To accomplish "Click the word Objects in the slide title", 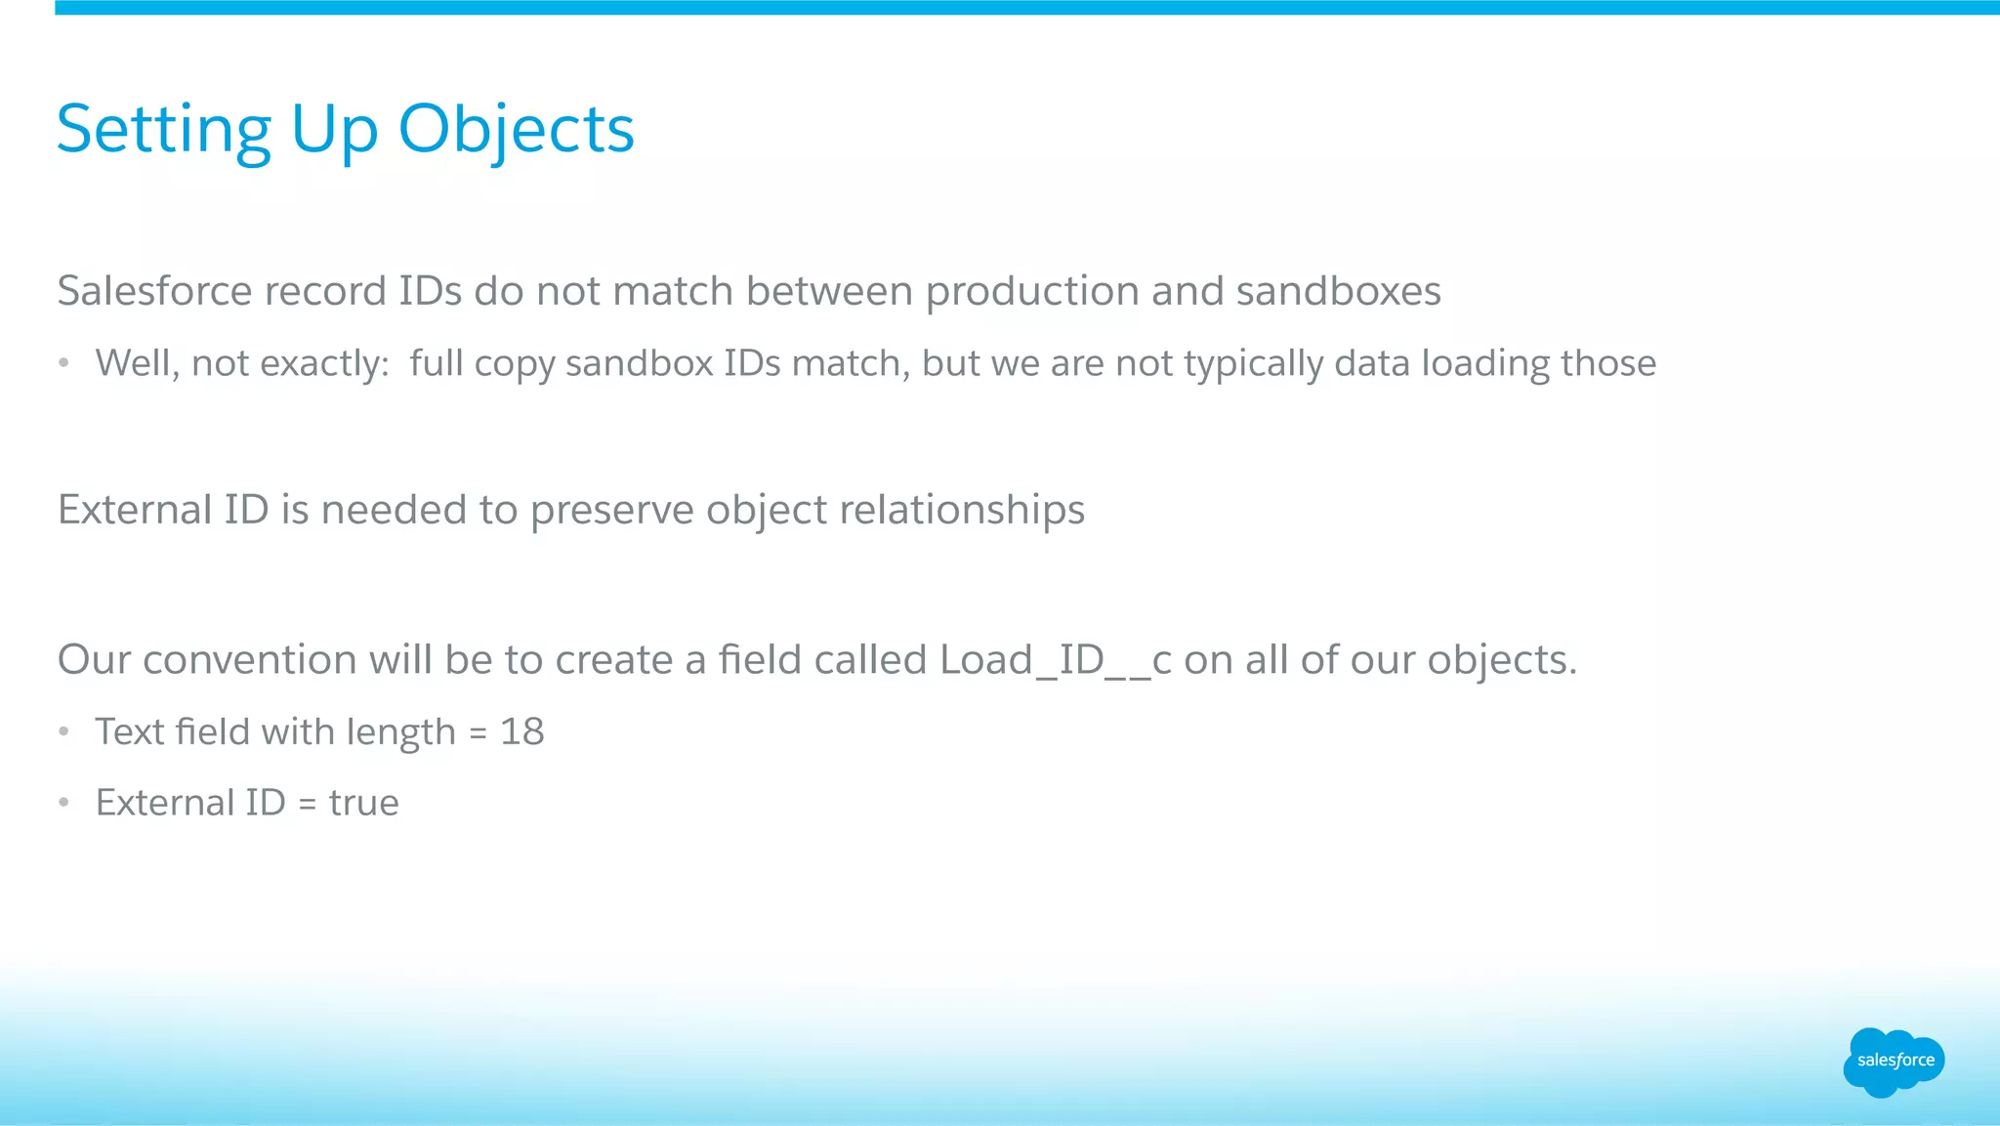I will pos(516,130).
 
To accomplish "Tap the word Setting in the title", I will pos(163,130).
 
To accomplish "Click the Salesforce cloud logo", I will pos(1894,1061).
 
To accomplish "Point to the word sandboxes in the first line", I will pos(1338,292).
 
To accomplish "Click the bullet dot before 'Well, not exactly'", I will pos(64,363).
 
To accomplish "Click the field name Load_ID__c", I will pos(1055,661).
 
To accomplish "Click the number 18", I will pos(521,732).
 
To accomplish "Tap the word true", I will pos(363,804).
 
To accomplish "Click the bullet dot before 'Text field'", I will pos(64,731).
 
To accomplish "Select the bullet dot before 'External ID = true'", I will pos(64,803).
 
